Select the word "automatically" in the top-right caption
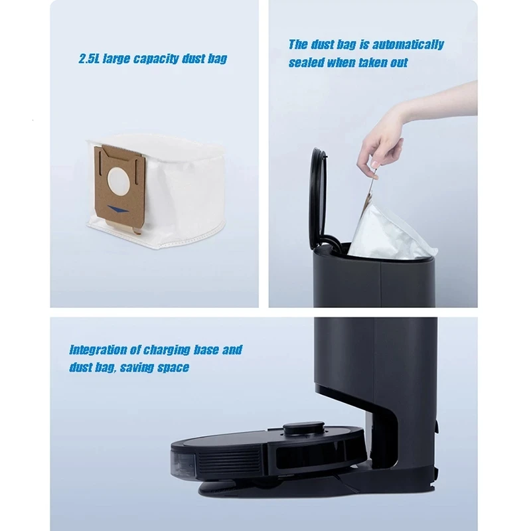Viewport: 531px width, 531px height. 408,44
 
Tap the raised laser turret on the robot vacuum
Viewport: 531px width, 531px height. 302,429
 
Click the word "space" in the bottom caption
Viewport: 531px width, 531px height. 173,367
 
